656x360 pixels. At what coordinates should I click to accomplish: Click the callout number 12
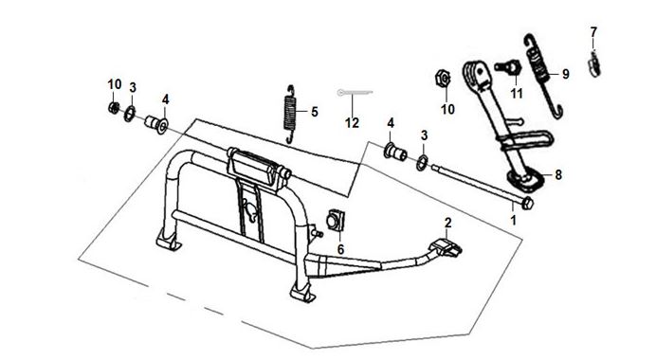[352, 123]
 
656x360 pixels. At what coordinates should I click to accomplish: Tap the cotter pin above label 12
[355, 93]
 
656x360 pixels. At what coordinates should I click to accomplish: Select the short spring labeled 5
[290, 114]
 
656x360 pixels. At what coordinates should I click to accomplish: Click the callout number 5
[315, 112]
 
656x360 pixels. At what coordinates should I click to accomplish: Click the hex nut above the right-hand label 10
[443, 79]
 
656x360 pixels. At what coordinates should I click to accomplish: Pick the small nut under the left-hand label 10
[113, 107]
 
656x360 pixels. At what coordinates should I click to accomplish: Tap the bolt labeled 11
[507, 66]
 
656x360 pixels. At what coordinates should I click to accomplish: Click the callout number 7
[593, 32]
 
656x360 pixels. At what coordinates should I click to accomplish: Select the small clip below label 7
[594, 64]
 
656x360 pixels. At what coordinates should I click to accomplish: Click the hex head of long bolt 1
[528, 203]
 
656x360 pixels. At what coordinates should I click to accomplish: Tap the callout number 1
[513, 221]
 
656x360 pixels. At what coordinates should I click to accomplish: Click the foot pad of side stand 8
[525, 180]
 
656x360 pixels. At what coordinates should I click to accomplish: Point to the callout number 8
[558, 174]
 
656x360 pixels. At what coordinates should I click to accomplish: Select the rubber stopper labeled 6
[336, 221]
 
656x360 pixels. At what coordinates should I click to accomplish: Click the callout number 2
[448, 224]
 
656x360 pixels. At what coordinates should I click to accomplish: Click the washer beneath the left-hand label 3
[130, 114]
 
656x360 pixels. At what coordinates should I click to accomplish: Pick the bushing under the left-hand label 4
[156, 124]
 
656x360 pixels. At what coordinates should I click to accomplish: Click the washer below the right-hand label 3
[422, 163]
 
